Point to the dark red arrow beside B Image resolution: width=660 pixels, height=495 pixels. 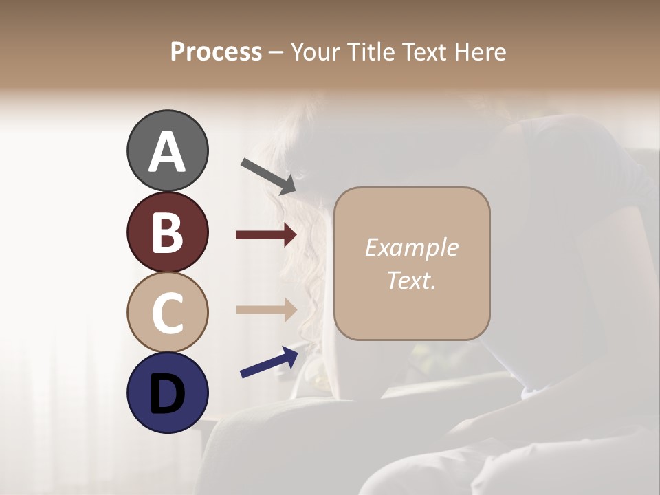tap(266, 235)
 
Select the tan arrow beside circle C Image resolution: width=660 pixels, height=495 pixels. tap(266, 309)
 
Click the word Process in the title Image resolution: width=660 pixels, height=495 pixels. tap(216, 52)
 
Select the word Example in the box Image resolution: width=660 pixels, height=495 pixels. tap(411, 247)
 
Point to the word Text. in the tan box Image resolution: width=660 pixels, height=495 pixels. tap(411, 280)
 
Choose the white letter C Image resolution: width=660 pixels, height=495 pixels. tap(167, 313)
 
